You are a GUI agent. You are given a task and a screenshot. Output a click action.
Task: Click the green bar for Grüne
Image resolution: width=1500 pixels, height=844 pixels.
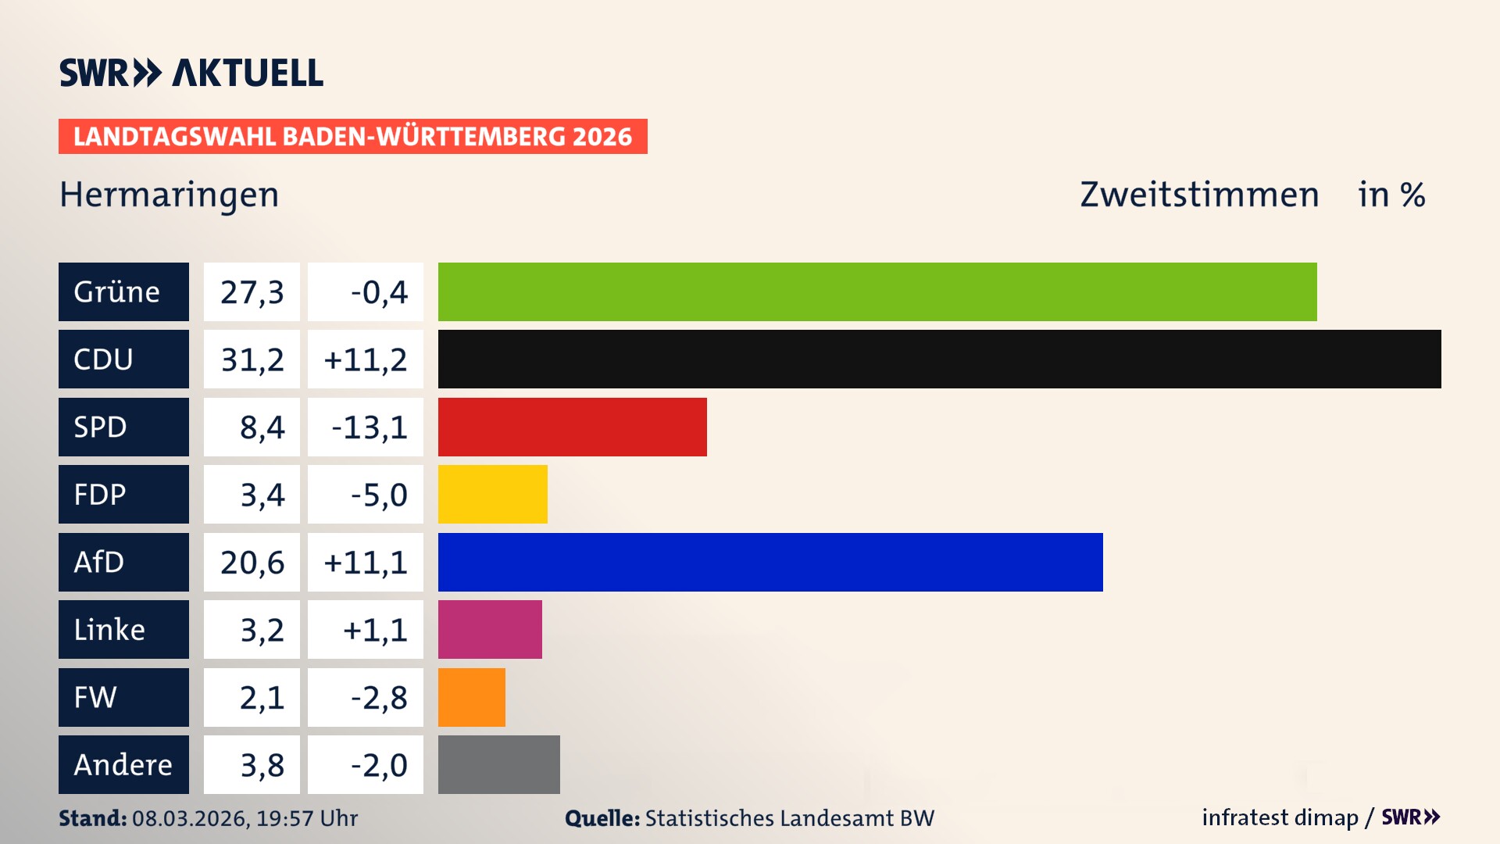pos(877,291)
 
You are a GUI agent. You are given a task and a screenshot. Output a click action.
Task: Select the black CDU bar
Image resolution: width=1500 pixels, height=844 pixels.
pos(939,359)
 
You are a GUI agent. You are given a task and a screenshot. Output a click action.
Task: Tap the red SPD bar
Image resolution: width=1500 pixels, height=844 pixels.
pos(572,427)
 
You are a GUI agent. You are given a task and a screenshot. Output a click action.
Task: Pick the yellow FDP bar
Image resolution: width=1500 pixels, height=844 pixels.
pos(492,494)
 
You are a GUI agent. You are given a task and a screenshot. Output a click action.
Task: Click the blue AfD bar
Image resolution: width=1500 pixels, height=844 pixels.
pos(770,562)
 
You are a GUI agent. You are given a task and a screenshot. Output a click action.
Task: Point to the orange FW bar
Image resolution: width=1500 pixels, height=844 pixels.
pos(471,697)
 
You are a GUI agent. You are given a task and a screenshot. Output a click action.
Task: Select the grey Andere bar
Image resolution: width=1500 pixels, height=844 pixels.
pos(498,764)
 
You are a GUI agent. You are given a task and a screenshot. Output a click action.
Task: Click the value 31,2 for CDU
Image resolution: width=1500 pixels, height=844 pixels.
pos(252,359)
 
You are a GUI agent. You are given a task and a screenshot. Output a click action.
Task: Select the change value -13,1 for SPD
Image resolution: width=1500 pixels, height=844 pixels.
pos(369,427)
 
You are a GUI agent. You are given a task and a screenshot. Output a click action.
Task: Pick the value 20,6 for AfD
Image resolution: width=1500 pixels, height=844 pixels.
pos(252,563)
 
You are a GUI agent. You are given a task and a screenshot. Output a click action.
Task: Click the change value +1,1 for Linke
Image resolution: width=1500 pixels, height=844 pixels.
pos(374,630)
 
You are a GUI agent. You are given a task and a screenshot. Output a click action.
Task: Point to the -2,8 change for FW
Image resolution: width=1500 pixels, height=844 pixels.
pos(378,697)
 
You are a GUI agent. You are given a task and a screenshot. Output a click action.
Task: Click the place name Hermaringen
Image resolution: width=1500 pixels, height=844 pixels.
pos(169,195)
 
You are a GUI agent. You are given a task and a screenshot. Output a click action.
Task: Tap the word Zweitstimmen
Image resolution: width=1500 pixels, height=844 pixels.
pos(1198,195)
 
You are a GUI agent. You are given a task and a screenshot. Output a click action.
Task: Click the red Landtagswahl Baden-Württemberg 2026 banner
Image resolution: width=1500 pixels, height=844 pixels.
pos(352,136)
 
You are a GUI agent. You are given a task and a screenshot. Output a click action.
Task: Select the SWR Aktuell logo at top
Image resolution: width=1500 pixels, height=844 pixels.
pos(191,73)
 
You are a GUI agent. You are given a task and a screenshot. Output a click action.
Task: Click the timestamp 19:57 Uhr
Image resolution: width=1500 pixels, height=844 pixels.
pos(306,818)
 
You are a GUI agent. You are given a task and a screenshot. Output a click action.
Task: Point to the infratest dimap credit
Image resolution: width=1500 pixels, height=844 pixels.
pos(1279,817)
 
